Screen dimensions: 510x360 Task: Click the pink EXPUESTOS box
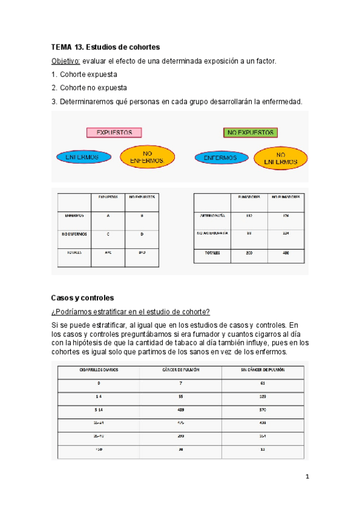coord(114,132)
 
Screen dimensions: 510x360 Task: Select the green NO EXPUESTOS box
coord(250,132)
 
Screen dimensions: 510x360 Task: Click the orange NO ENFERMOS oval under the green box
coord(280,158)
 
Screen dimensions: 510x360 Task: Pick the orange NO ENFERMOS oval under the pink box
coord(147,158)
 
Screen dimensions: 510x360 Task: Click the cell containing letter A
coord(108,215)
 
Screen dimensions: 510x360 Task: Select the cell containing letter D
coord(142,234)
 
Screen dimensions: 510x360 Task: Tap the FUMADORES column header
coord(249,197)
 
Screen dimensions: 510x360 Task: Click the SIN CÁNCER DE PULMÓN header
coord(263,369)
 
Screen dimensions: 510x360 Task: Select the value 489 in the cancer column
coord(181,410)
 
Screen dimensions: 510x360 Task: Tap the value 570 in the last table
coord(263,410)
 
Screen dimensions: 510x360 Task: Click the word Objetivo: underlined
coord(66,61)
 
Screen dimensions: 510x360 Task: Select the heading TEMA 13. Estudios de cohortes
coord(106,47)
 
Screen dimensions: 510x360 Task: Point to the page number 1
coord(307,478)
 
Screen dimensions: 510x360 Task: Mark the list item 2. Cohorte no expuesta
coord(90,87)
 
